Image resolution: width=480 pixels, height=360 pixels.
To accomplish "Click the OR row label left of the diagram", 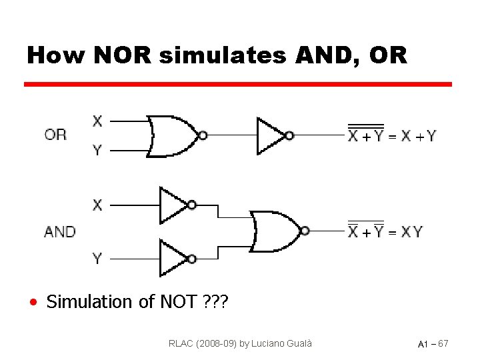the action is click(56, 135).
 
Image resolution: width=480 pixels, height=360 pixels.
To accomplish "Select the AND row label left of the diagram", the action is click(60, 232).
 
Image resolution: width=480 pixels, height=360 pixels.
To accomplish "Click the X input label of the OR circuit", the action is click(97, 121).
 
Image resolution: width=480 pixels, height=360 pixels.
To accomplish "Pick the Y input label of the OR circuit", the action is click(97, 150).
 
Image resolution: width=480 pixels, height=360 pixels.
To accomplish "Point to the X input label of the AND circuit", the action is click(97, 205).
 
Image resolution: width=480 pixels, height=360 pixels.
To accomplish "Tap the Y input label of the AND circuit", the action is click(97, 259).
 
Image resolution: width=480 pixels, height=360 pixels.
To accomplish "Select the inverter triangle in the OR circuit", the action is click(271, 136).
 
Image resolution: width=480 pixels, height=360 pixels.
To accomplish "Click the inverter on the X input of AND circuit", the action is click(173, 205).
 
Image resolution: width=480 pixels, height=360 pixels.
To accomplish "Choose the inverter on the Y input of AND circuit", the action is click(173, 259).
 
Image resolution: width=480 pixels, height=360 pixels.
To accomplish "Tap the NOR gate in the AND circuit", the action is click(273, 231).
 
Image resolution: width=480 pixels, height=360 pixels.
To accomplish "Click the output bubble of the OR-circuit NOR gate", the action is click(203, 135).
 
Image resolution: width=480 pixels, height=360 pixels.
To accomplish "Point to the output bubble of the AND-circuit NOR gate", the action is click(305, 231).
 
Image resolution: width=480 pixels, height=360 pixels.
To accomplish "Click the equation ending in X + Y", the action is click(392, 135).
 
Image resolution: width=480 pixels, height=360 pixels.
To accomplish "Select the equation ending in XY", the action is click(385, 231).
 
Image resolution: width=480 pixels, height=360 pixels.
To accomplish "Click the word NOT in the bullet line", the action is click(178, 302).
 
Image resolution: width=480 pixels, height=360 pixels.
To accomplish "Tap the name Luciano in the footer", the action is click(267, 344).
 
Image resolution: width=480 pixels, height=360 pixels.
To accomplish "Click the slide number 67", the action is click(443, 344).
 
